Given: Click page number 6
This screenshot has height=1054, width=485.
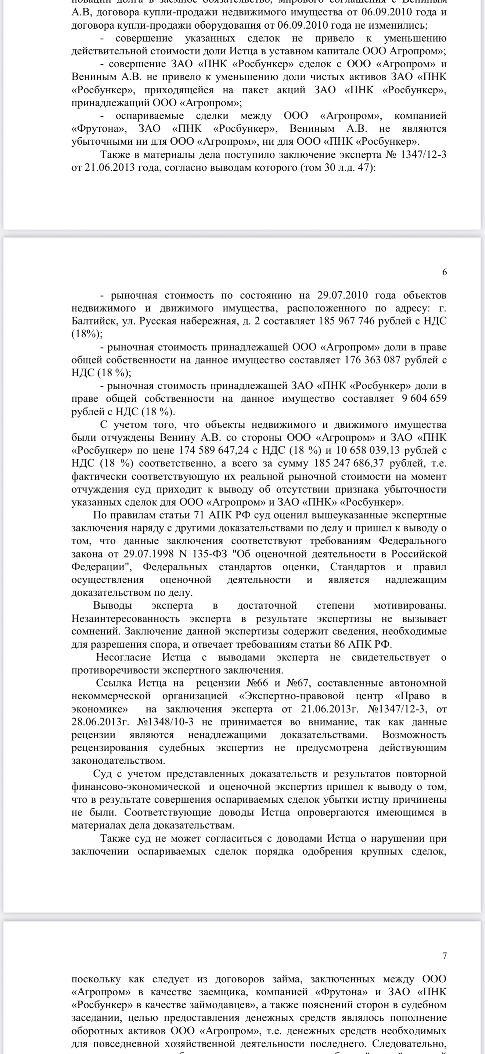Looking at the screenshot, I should click(445, 272).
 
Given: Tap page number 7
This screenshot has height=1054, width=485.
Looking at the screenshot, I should click(445, 956).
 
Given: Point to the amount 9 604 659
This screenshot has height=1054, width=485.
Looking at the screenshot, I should click(424, 398).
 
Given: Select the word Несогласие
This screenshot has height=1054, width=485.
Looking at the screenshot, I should click(123, 657).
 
